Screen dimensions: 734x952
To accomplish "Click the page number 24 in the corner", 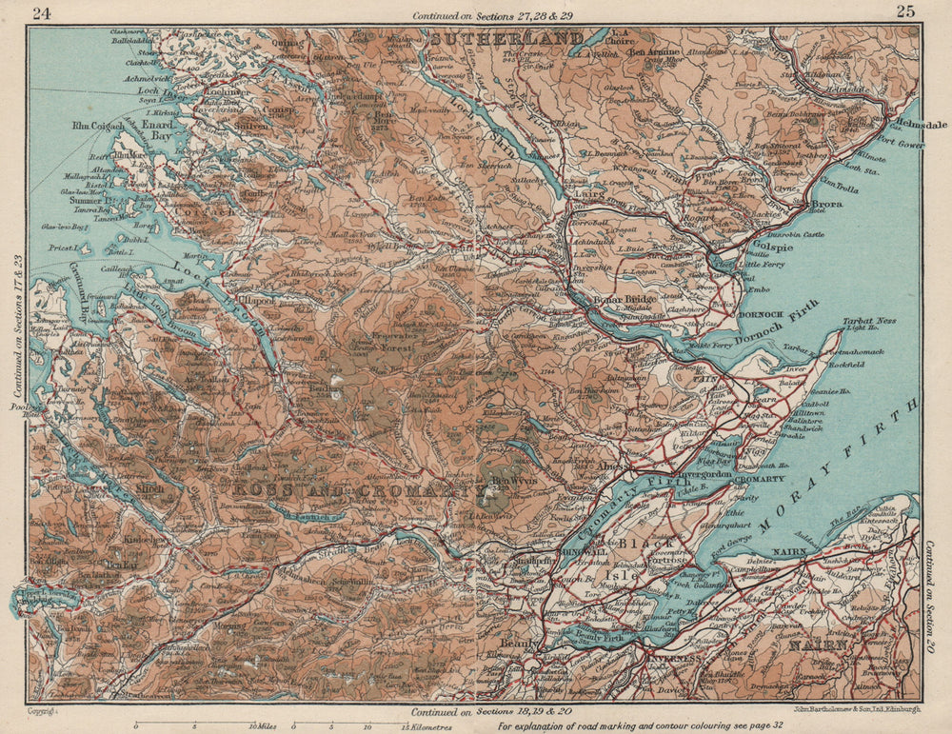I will tap(42, 13).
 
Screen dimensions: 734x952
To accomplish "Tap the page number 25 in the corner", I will tap(905, 11).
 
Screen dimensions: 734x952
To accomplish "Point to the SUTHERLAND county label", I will tap(506, 39).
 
